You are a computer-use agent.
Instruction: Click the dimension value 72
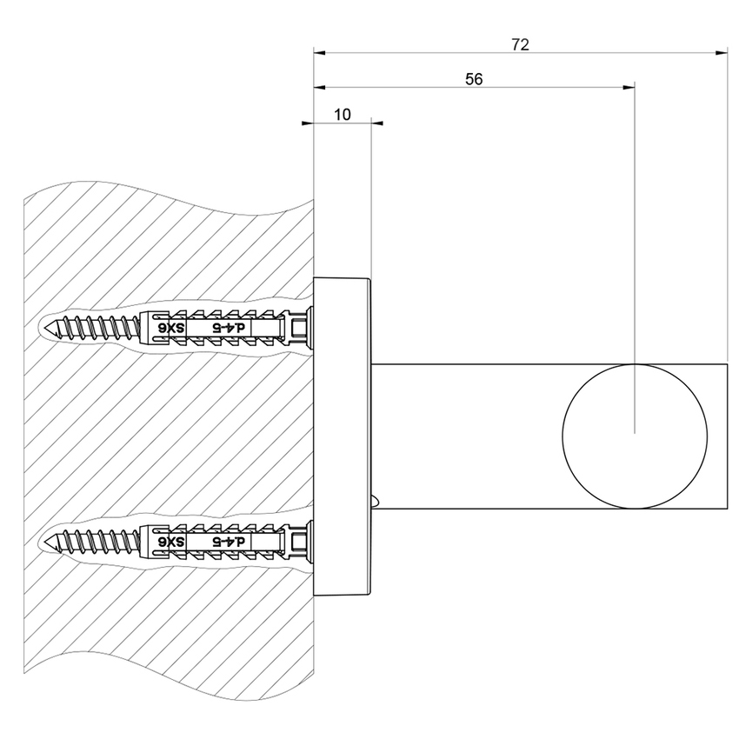[520, 44]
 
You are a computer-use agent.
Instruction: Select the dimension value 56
[474, 78]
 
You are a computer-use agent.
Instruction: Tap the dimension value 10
[342, 115]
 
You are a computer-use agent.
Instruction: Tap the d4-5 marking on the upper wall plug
[231, 328]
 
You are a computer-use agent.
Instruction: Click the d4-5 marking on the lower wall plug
[231, 542]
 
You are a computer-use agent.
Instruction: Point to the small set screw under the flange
[376, 501]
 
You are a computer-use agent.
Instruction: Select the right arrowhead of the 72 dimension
[722, 53]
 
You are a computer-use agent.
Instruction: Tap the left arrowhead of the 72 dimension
[320, 53]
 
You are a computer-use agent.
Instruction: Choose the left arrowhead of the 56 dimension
[320, 87]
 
